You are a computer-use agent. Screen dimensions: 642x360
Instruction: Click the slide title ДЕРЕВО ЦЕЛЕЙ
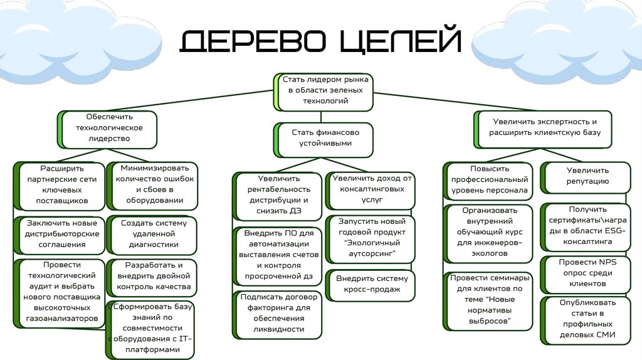(320, 41)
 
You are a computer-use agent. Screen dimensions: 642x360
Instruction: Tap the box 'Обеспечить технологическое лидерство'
(109, 128)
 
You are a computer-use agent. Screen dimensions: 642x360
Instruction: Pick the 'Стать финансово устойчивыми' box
(324, 138)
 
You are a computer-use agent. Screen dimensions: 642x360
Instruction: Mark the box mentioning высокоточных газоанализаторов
(61, 292)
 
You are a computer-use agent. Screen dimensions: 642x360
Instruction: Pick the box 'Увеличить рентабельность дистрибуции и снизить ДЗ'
(279, 194)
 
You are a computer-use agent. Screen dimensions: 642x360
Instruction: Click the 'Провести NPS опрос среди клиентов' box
(587, 272)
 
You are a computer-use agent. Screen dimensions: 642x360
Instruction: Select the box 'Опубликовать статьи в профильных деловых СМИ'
(587, 319)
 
